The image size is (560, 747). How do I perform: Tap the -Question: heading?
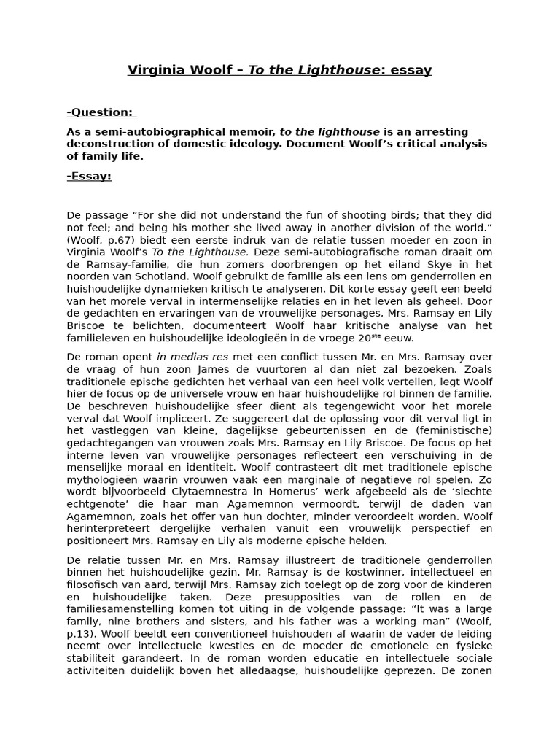[101, 112]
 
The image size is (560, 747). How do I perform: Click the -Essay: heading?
[89, 176]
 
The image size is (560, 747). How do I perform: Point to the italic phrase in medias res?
[186, 357]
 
